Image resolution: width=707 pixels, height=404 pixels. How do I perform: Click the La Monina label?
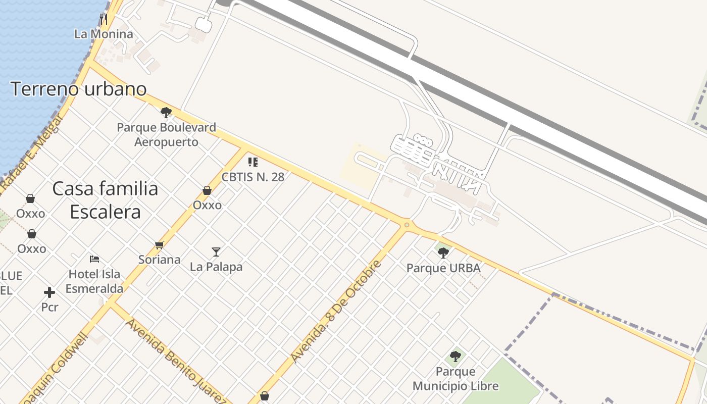point(104,34)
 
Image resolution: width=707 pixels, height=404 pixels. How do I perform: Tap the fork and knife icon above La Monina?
point(104,19)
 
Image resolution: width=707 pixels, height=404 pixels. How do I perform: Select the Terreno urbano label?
point(79,89)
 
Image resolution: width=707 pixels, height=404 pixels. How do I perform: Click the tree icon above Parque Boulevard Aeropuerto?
point(166,112)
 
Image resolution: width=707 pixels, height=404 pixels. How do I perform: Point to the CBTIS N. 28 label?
point(253,177)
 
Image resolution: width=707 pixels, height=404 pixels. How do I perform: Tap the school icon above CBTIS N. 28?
point(253,162)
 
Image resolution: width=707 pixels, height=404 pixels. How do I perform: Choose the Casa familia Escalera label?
point(105,200)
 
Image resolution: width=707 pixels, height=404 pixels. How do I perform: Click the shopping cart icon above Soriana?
point(160,245)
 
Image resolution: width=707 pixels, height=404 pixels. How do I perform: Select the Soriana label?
point(160,260)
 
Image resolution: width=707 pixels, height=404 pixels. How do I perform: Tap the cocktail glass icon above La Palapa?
point(216,251)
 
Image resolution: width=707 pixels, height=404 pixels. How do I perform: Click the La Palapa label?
point(216,267)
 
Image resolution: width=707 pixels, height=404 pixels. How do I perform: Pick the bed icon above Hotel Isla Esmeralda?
point(94,259)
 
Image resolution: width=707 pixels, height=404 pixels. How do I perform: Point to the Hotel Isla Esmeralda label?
point(94,281)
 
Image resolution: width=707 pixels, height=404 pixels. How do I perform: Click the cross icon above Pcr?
point(49,292)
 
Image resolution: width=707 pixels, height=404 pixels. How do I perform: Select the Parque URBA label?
point(443,268)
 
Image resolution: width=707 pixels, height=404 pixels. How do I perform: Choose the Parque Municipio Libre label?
point(456,379)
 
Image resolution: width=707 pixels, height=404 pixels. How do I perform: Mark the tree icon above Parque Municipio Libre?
point(456,357)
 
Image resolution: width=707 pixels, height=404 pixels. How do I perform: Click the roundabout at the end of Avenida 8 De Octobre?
point(407,225)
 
